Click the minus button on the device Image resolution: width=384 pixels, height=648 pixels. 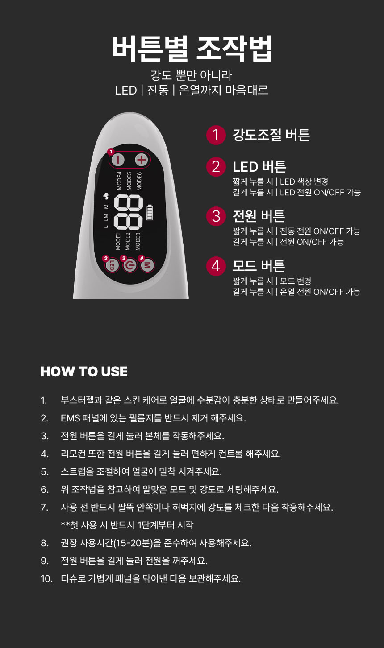tap(118, 160)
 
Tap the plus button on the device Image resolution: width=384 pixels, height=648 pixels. tap(142, 160)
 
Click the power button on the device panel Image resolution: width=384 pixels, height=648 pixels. tap(130, 265)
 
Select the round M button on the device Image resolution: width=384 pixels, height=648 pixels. tap(147, 265)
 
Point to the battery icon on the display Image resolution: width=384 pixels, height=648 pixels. tap(150, 212)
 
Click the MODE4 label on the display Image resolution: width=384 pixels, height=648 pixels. tap(119, 181)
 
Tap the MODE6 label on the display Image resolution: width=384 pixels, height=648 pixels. tap(139, 181)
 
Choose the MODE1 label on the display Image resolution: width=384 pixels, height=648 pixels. tap(118, 242)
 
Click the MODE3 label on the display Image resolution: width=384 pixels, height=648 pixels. tap(138, 242)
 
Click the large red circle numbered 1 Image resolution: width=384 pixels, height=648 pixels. tap(216, 135)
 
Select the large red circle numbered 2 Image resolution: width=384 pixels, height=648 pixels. tap(216, 167)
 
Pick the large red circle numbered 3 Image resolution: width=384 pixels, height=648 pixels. tap(216, 216)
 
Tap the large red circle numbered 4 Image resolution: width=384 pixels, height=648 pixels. tap(216, 266)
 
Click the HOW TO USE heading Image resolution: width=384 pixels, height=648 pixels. tap(84, 371)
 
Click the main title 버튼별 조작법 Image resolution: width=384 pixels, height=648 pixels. tap(192, 48)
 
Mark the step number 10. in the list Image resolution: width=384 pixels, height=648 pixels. tap(46, 579)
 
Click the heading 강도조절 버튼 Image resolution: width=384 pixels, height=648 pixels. tap(271, 135)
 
